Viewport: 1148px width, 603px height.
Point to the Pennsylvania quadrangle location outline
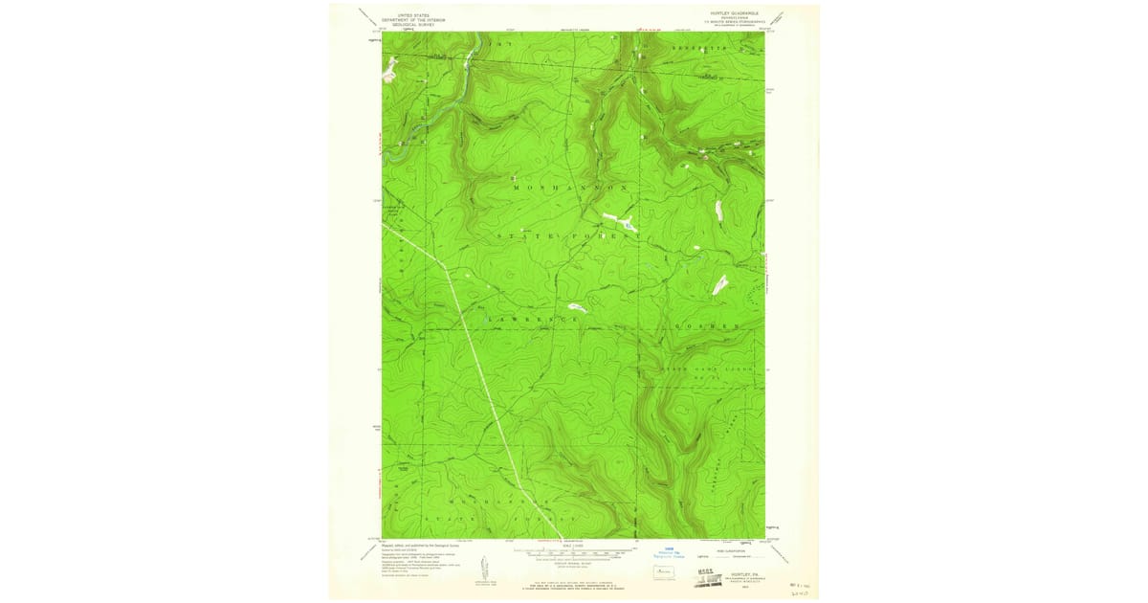(x=661, y=572)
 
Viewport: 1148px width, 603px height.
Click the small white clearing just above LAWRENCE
(x=575, y=307)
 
